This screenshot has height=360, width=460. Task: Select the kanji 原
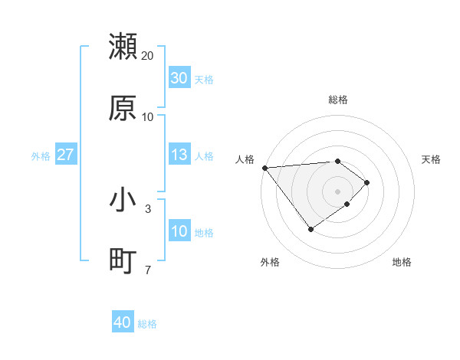pyautogui.click(x=123, y=108)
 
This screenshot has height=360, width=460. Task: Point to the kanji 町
pyautogui.click(x=123, y=261)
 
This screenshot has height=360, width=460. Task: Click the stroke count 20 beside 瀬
pyautogui.click(x=148, y=56)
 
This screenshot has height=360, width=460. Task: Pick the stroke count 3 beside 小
pyautogui.click(x=148, y=208)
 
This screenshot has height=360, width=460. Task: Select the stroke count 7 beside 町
pyautogui.click(x=148, y=270)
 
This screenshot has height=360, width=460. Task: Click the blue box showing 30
pyautogui.click(x=179, y=78)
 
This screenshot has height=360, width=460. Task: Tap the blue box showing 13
pyautogui.click(x=179, y=155)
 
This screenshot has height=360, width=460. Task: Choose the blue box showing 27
pyautogui.click(x=65, y=155)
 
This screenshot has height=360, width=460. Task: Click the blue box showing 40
pyautogui.click(x=123, y=323)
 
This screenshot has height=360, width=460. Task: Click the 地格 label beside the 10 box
pyautogui.click(x=204, y=233)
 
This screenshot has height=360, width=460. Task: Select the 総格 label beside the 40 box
pyautogui.click(x=147, y=324)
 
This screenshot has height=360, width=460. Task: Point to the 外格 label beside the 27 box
pyautogui.click(x=41, y=155)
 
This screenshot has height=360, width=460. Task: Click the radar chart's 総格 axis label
pyautogui.click(x=338, y=100)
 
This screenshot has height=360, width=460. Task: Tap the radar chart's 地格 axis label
pyautogui.click(x=402, y=262)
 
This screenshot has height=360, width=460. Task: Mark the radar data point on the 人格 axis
pyautogui.click(x=264, y=168)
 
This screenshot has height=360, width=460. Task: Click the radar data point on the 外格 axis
pyautogui.click(x=310, y=229)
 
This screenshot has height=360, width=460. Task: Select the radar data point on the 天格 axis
pyautogui.click(x=367, y=182)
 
